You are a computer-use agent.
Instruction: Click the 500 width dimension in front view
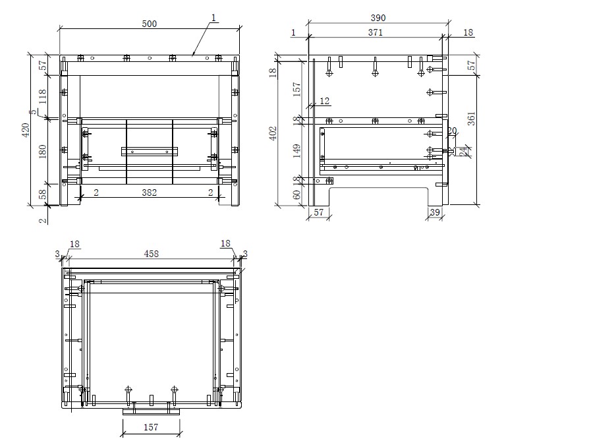pyautogui.click(x=150, y=24)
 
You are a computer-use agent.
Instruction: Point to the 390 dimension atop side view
pyautogui.click(x=378, y=18)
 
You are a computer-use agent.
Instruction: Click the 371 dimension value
pyautogui.click(x=375, y=32)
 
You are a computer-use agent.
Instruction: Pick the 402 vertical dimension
pyautogui.click(x=273, y=133)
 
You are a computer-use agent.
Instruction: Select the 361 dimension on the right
pyautogui.click(x=471, y=119)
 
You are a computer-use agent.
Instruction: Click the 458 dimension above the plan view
pyautogui.click(x=152, y=254)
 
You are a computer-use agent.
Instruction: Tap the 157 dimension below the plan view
pyautogui.click(x=151, y=427)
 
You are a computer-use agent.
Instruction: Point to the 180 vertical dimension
pyautogui.click(x=43, y=151)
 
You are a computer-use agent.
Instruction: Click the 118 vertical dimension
pyautogui.click(x=43, y=98)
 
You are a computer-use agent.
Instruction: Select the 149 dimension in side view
pyautogui.click(x=296, y=152)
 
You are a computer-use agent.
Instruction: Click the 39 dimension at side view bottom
pyautogui.click(x=434, y=212)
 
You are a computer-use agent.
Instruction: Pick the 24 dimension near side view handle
pyautogui.click(x=463, y=151)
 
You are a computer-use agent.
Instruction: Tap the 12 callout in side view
pyautogui.click(x=324, y=101)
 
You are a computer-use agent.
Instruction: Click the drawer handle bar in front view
pyautogui.click(x=150, y=151)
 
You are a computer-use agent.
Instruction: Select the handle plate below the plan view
pyautogui.click(x=152, y=411)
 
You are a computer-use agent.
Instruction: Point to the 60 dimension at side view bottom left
pyautogui.click(x=296, y=195)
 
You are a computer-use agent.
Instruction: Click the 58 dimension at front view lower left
pyautogui.click(x=43, y=194)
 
